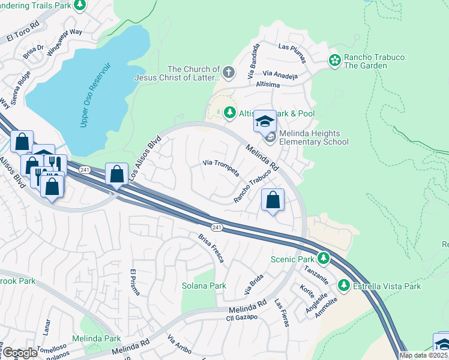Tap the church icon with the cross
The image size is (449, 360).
[228, 73]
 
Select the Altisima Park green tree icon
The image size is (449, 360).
[229, 112]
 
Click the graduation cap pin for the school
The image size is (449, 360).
[264, 122]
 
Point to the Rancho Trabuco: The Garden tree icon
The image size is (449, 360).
[334, 60]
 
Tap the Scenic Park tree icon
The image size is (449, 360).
[324, 259]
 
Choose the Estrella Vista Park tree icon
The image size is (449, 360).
[345, 286]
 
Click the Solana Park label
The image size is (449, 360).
[204, 286]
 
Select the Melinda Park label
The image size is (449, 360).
[96, 338]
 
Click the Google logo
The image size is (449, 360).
[20, 353]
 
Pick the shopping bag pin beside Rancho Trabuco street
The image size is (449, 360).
[273, 202]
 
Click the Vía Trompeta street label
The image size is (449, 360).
[221, 167]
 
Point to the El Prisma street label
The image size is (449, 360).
[134, 282]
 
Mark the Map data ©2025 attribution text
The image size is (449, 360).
[424, 355]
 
